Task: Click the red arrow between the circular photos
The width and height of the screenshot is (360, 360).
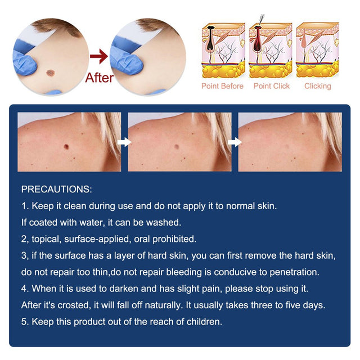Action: click(x=99, y=56)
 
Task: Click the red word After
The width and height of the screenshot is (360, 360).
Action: click(x=99, y=78)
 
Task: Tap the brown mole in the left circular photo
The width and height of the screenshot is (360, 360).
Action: click(x=50, y=73)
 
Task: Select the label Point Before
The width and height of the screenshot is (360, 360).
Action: click(x=222, y=86)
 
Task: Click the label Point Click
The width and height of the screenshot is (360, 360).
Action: click(x=271, y=86)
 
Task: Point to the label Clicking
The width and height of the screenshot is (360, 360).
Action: click(x=317, y=86)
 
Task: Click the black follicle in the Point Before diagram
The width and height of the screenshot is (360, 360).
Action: click(x=210, y=38)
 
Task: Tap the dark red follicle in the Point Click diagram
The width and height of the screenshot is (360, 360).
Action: click(x=258, y=38)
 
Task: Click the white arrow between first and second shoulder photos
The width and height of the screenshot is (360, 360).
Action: click(x=124, y=142)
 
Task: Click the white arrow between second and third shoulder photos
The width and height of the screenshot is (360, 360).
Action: click(x=235, y=142)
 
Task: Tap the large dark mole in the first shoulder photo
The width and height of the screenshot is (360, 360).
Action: click(x=66, y=146)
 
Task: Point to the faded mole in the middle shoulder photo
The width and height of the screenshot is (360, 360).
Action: click(x=177, y=146)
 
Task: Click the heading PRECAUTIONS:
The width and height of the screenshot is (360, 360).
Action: click(x=56, y=190)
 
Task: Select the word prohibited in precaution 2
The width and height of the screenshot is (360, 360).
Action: click(x=174, y=239)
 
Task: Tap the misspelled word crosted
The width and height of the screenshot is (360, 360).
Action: click(x=74, y=305)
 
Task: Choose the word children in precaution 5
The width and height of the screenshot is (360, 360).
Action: click(x=204, y=322)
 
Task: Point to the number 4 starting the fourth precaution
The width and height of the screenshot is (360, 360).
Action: click(x=24, y=289)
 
